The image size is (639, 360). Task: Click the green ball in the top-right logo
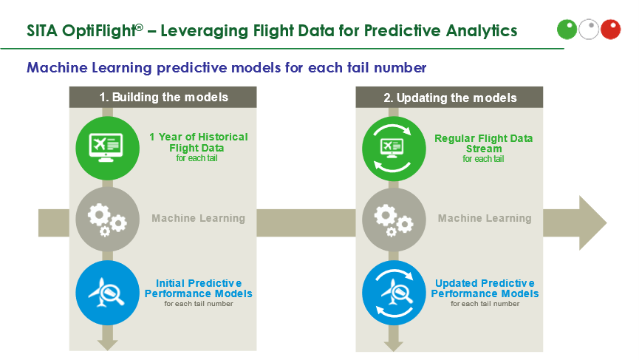[x=567, y=30]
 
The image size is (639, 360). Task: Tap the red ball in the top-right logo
[x=610, y=30]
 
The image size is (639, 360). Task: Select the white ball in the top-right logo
[x=589, y=30]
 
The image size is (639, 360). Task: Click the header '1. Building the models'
[x=163, y=97]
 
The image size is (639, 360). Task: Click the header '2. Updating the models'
[x=450, y=98]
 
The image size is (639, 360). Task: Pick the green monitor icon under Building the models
[x=108, y=148]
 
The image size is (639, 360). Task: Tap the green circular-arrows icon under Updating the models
[x=394, y=149]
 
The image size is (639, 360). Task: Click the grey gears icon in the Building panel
[x=108, y=219]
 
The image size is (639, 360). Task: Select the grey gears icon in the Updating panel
[x=394, y=220]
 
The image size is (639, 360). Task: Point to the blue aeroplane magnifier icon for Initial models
[x=108, y=293]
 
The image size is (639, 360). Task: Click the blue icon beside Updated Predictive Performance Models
[x=394, y=293]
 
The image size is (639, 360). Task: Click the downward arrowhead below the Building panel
[x=108, y=345]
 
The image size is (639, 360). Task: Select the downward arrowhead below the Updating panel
[x=394, y=345]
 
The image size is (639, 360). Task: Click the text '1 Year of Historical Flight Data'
[x=198, y=142]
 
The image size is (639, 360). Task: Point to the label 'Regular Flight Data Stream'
[x=484, y=143]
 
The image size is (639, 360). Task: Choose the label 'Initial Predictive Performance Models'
[x=199, y=288]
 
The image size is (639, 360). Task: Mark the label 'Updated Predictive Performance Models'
[x=485, y=288]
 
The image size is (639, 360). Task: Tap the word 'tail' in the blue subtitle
[x=358, y=67]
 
